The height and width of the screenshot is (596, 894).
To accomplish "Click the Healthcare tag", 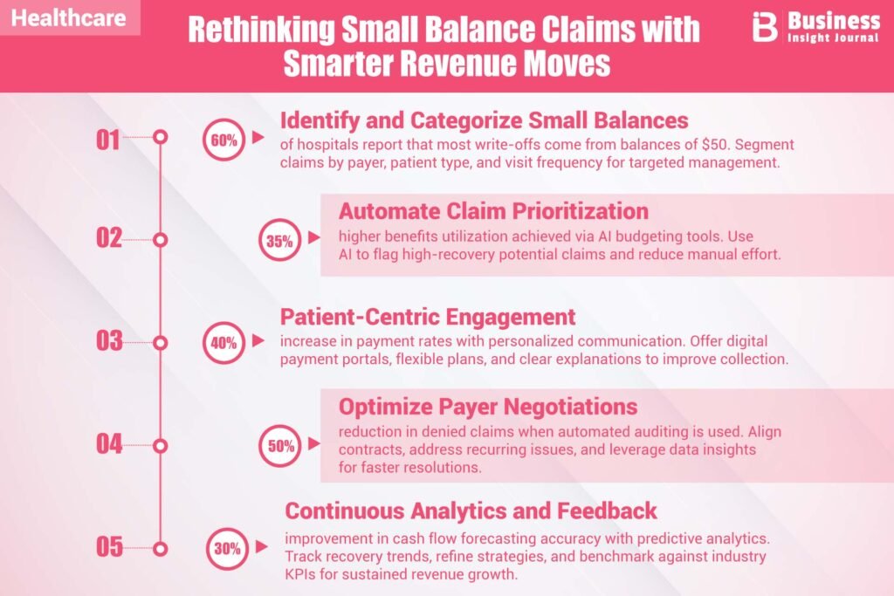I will pyautogui.click(x=69, y=18).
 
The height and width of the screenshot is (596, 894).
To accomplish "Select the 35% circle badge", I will pyautogui.click(x=279, y=242).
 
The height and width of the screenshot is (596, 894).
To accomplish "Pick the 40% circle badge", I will pyautogui.click(x=223, y=343).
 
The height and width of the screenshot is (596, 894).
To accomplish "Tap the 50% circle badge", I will pyautogui.click(x=279, y=446).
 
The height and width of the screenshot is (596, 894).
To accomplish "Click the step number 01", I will pyautogui.click(x=109, y=139).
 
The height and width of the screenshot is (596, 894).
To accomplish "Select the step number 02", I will pyautogui.click(x=109, y=238).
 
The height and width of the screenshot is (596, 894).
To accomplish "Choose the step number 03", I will pyautogui.click(x=109, y=340).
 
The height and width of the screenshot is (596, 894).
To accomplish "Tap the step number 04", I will pyautogui.click(x=109, y=443).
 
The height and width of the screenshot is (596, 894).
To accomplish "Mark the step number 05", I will pyautogui.click(x=109, y=547).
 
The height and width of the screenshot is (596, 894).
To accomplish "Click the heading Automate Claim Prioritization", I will pyautogui.click(x=493, y=211).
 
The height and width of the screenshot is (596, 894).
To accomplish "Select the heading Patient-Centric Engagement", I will pyautogui.click(x=427, y=316).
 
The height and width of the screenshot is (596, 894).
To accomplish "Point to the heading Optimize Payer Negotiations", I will pyautogui.click(x=488, y=407).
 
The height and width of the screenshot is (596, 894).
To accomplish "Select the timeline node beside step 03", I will pyautogui.click(x=160, y=343).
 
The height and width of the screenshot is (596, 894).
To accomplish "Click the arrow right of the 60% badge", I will pyautogui.click(x=258, y=137).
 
